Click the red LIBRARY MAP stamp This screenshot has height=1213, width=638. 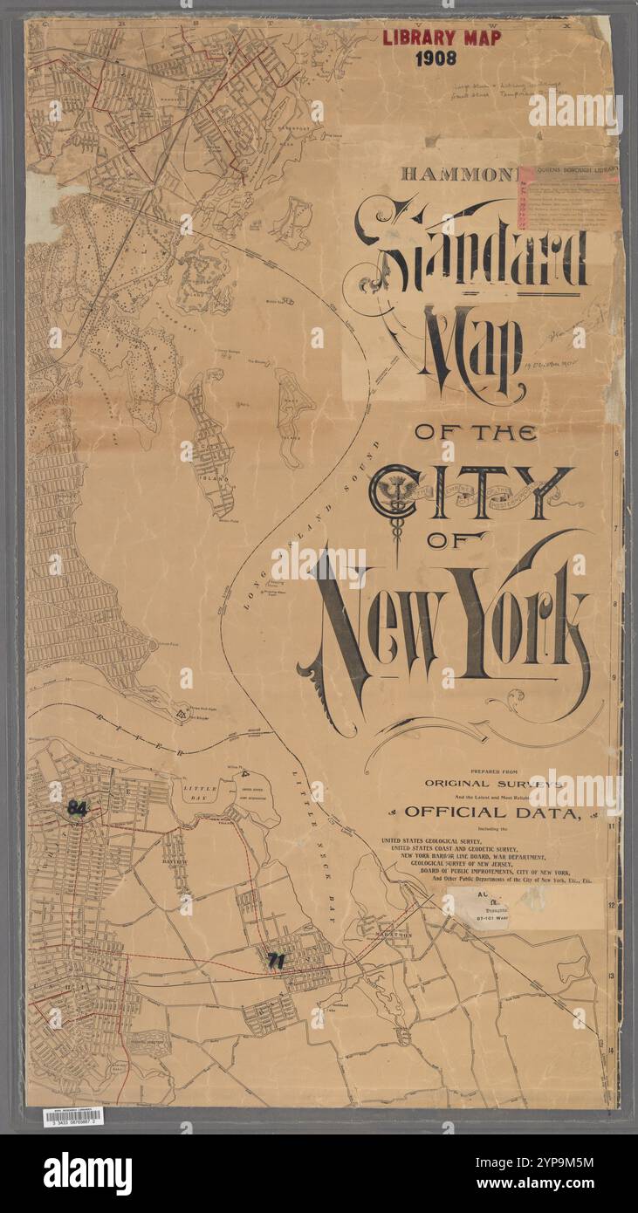click(442, 38)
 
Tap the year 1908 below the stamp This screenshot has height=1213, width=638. click(442, 58)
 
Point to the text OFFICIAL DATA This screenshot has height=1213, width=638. click(492, 812)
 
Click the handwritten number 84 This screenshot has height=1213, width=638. click(78, 809)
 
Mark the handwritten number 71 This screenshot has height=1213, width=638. click(277, 960)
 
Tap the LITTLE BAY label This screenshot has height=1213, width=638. click(200, 792)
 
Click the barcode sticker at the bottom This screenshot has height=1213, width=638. click(72, 1115)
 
